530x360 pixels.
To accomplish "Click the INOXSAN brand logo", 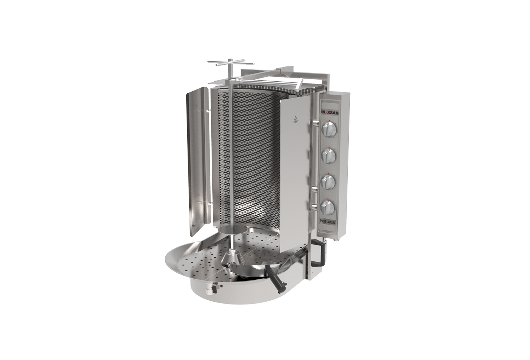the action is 330,113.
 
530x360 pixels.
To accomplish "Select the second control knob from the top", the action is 328,155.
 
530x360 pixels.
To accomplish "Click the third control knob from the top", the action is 328,181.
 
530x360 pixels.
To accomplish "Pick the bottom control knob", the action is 327,208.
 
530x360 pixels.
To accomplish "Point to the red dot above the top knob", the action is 330,121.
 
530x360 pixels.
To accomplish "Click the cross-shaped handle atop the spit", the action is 231,63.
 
